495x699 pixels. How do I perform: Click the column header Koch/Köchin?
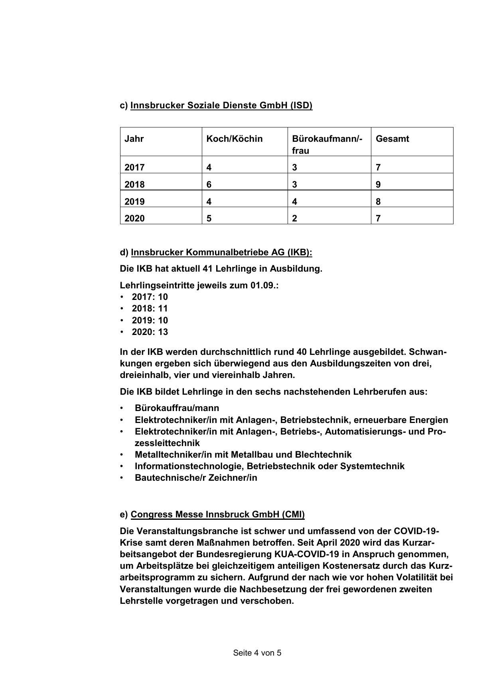pos(234,139)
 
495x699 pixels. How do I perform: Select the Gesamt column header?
pos(392,139)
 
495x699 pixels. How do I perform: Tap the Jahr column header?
pos(134,139)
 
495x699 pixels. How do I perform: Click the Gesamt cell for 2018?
pos(378,184)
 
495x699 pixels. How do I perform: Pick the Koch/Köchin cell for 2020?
pos(209,218)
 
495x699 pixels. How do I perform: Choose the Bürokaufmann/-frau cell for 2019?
pos(294,202)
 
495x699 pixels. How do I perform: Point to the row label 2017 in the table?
pos(134,167)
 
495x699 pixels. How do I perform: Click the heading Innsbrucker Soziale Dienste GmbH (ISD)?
pos(221,105)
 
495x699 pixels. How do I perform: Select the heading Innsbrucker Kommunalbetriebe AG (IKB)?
pos(221,253)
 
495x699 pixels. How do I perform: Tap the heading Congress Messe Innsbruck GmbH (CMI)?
pos(217,514)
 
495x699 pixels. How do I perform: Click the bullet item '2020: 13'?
pos(150,332)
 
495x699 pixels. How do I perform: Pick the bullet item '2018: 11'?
pos(150,308)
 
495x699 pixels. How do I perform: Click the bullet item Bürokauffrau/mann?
pos(177,408)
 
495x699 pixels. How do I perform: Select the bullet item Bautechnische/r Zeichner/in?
pos(196,478)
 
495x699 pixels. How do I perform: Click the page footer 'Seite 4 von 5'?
pos(257,653)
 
